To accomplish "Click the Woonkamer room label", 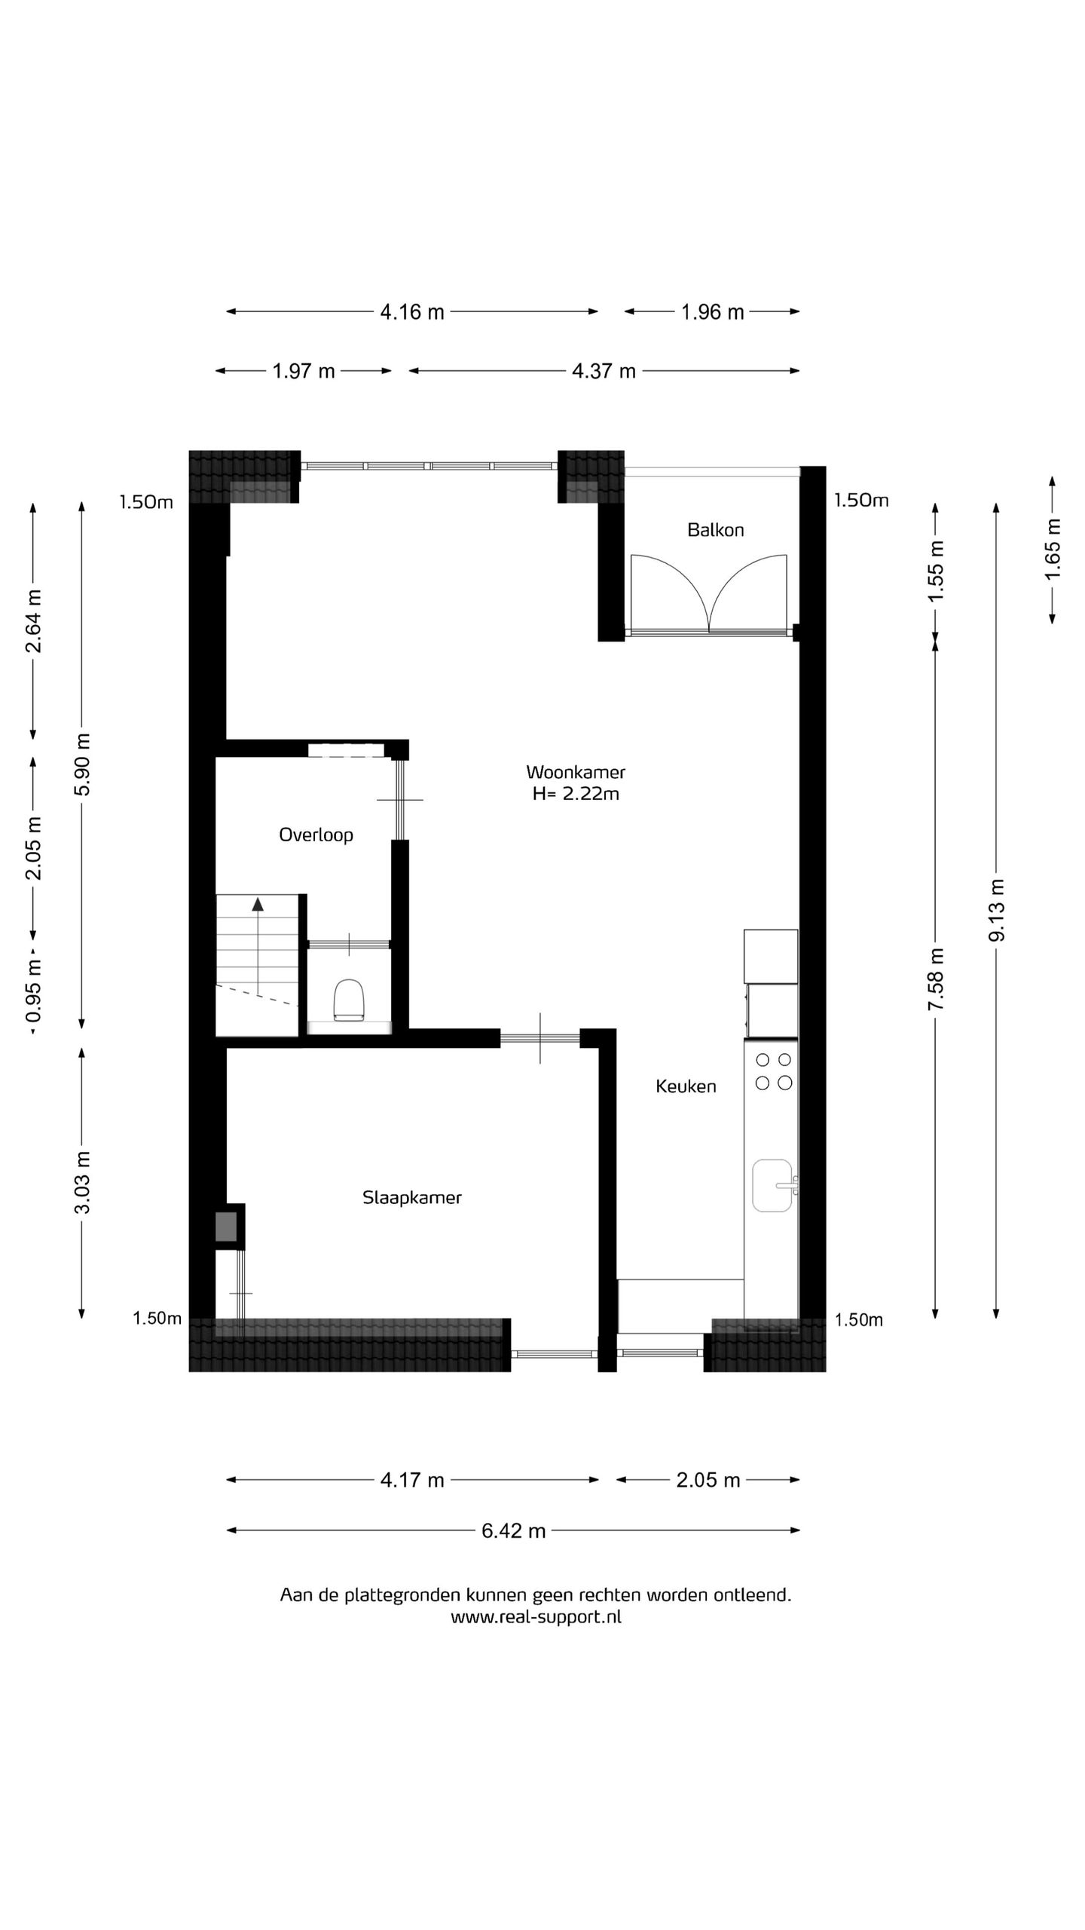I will coord(575,772).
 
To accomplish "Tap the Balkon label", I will coord(715,530).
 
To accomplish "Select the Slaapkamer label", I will coord(411,1197).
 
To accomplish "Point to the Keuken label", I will coord(685,1086).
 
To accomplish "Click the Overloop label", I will coord(316,835).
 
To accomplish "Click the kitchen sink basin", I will coord(772,1186).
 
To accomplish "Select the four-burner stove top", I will coord(773,1071).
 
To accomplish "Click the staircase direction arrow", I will coord(258,905).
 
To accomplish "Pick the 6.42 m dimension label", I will coord(513,1531).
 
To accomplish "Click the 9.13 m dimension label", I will coord(996,910).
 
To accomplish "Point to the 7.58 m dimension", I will coord(935,979).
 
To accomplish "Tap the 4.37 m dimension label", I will coord(604,371).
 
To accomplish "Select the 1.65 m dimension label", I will coord(1053,549).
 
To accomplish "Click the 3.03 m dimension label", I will coord(82,1182).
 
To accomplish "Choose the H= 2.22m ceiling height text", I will coord(575,794).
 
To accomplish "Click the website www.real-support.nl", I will coord(536,1616).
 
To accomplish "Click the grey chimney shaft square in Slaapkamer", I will coord(226,1227).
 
